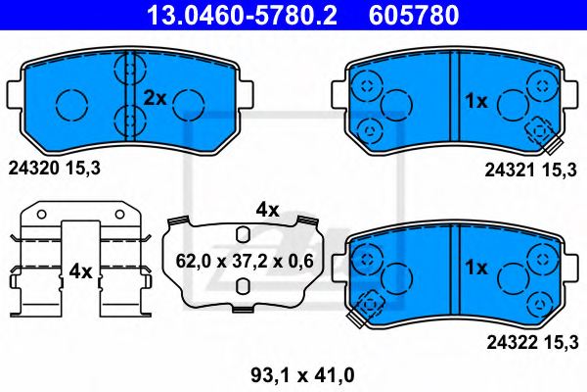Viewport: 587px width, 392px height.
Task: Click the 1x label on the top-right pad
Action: point(476,100)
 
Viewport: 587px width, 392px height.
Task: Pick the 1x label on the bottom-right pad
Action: point(476,267)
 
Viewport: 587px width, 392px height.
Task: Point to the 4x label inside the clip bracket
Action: point(79,270)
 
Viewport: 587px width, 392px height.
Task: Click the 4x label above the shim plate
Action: point(267,209)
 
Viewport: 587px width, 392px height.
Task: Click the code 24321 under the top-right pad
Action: point(508,171)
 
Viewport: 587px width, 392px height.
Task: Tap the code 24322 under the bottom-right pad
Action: point(508,341)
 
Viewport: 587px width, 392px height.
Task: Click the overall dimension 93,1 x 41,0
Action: point(289,373)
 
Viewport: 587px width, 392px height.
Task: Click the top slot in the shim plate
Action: point(241,232)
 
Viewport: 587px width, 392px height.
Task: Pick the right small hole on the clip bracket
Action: point(120,214)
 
